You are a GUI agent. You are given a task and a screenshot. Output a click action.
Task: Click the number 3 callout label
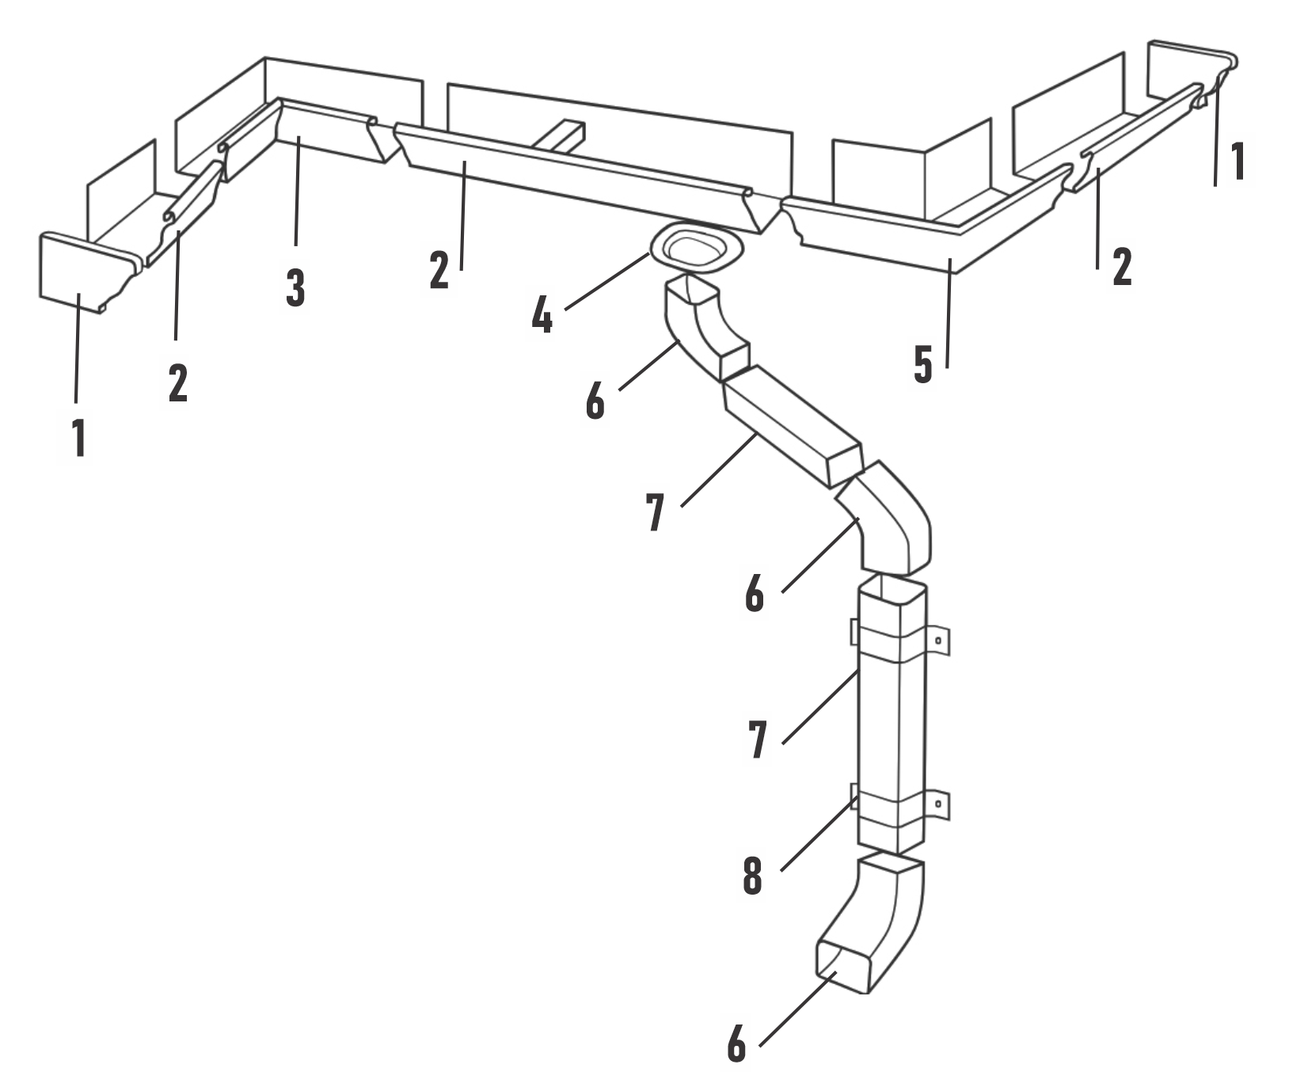[x=295, y=287]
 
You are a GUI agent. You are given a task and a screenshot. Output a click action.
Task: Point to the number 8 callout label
[x=752, y=876]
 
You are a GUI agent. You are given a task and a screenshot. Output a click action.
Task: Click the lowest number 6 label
[x=736, y=1043]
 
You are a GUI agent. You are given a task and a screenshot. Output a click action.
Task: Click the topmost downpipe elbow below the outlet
[x=701, y=325]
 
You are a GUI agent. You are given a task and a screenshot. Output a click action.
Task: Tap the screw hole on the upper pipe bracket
[x=937, y=640]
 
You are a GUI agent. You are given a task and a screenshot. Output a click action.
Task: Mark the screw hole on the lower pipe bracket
[x=938, y=805]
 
